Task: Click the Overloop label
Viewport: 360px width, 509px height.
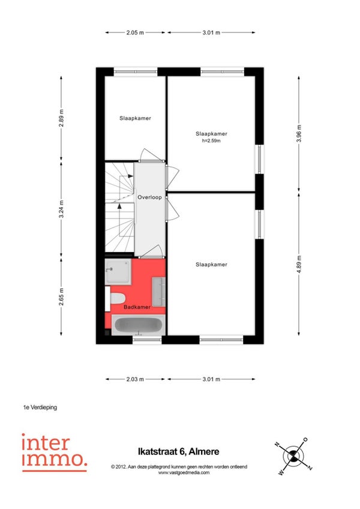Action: point(149,197)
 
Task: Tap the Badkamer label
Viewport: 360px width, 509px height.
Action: point(137,307)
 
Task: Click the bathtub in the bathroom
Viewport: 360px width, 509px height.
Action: point(138,325)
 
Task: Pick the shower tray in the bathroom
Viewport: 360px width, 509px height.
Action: point(118,271)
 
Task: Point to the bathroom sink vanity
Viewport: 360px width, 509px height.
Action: point(159,292)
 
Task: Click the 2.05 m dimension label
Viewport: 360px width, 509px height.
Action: point(135,32)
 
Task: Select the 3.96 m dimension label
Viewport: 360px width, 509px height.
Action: point(299,133)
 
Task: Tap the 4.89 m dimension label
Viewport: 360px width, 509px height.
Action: point(299,264)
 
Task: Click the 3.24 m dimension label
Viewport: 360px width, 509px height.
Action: point(61,209)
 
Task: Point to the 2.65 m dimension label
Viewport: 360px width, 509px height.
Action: point(61,297)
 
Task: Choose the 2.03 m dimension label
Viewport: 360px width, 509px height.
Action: point(135,379)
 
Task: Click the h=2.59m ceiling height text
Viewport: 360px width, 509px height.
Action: point(211,140)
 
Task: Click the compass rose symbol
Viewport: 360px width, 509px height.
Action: point(293,456)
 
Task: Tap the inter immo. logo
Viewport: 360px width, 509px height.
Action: point(55,453)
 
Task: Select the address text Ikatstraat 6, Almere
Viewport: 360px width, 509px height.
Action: point(179,451)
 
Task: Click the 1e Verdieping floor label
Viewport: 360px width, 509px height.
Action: point(40,407)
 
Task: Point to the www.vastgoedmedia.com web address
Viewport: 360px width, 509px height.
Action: point(184,472)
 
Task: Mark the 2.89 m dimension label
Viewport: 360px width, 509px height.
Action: point(61,118)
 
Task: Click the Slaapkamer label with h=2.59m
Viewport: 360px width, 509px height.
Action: point(211,133)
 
